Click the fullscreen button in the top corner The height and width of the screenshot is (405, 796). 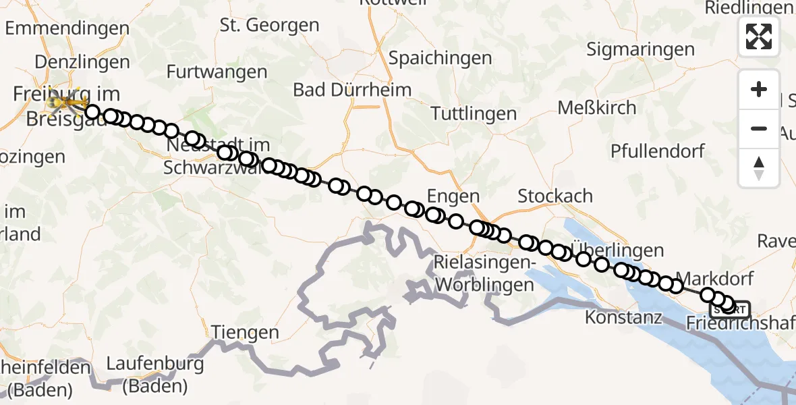(x=759, y=36)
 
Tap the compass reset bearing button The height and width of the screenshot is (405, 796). (x=759, y=167)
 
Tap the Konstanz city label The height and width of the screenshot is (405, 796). (x=624, y=317)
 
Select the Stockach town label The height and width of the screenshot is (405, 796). (x=555, y=196)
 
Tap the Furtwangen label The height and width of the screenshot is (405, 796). (x=217, y=72)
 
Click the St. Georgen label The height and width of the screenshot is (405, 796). (x=270, y=26)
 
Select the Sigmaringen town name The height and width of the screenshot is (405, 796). (x=640, y=49)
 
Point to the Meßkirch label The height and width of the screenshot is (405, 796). (x=597, y=107)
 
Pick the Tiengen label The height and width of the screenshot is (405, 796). (x=246, y=332)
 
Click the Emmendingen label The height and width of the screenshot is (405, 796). (x=67, y=28)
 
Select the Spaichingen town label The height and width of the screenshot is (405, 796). (x=440, y=58)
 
